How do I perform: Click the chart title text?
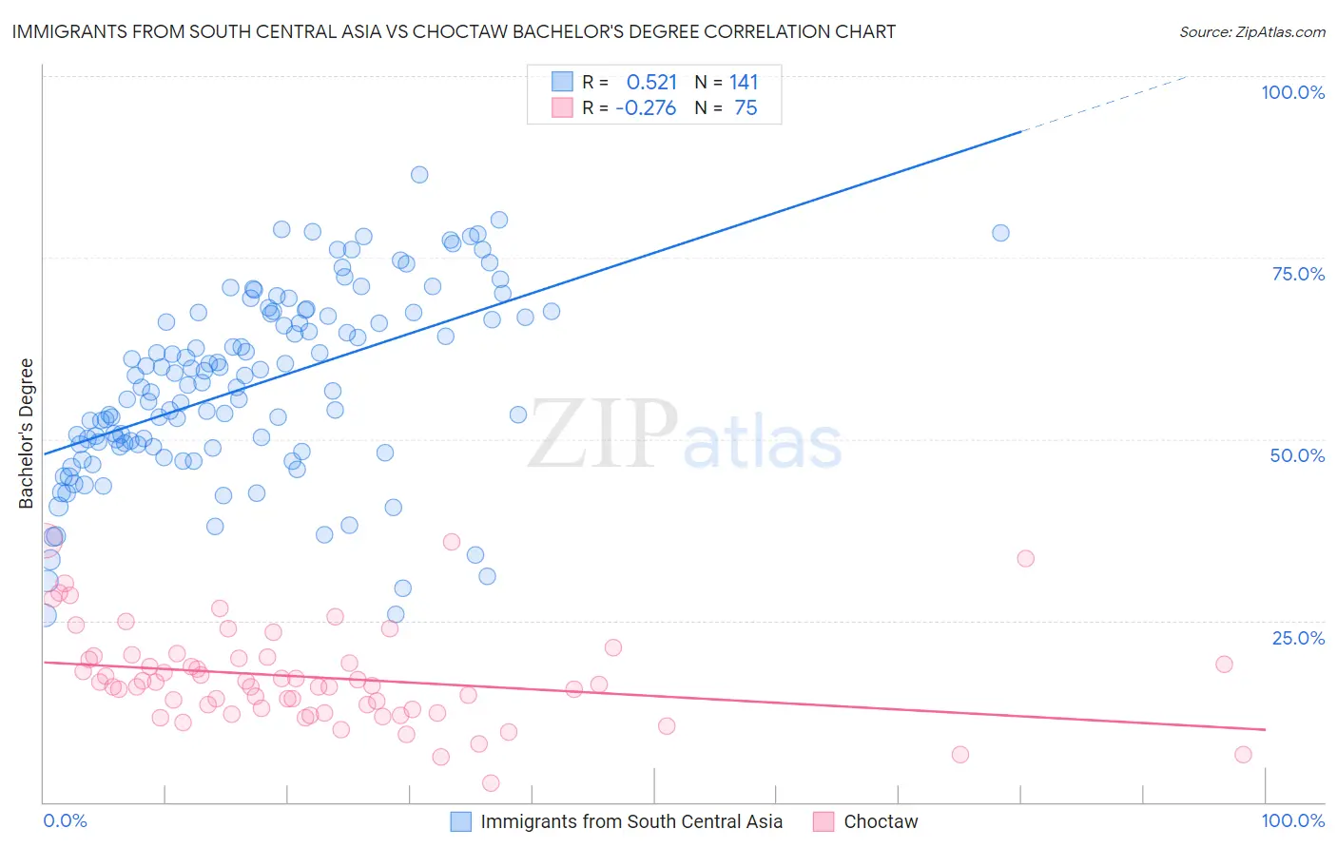click(x=454, y=31)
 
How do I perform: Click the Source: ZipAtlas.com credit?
click(x=1251, y=31)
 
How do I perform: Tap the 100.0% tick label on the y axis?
click(x=1292, y=92)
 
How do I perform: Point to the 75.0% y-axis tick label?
click(x=1298, y=274)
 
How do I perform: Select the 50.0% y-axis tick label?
click(x=1297, y=455)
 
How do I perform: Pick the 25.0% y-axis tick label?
click(x=1298, y=637)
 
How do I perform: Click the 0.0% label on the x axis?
click(x=66, y=820)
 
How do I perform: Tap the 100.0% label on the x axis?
click(x=1292, y=820)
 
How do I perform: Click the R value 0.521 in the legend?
click(x=651, y=82)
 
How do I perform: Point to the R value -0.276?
click(x=646, y=107)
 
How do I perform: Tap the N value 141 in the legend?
click(x=744, y=82)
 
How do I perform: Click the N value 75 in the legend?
click(x=746, y=107)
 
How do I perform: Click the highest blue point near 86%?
click(x=419, y=175)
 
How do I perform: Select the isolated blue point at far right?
click(x=1000, y=233)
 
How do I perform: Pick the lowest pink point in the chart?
click(x=491, y=783)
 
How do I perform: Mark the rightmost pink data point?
click(x=1243, y=755)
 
